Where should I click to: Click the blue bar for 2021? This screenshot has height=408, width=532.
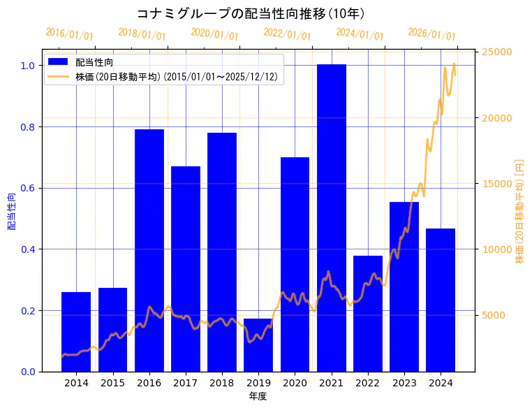(332, 217)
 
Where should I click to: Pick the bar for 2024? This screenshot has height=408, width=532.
(441, 300)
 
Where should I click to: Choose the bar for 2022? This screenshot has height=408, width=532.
(368, 314)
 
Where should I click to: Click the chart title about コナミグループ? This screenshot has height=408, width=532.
(250, 13)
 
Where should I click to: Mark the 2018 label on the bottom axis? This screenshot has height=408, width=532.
(222, 383)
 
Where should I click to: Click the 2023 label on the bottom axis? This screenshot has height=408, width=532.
(404, 383)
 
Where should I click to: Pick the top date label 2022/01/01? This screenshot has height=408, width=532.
(287, 34)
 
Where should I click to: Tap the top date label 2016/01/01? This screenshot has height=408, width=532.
(69, 34)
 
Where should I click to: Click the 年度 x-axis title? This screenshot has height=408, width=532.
(258, 396)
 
